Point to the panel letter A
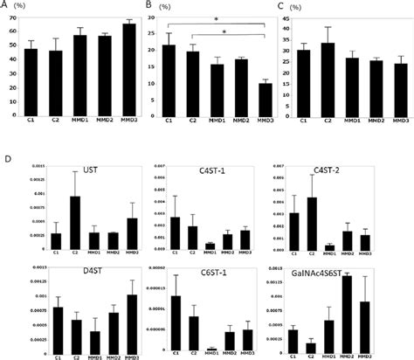[8, 6]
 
